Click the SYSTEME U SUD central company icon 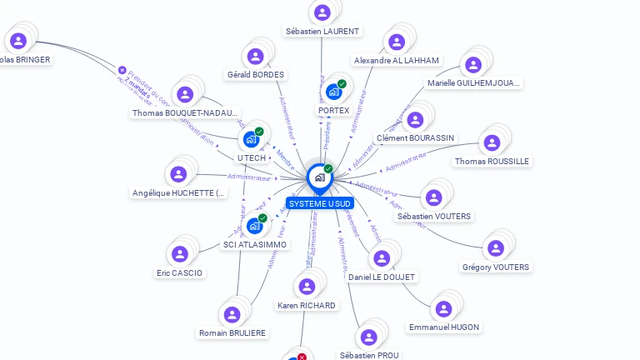(x=319, y=177)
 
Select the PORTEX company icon (x=333, y=91)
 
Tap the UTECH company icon (x=251, y=138)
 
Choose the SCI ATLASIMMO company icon (x=254, y=225)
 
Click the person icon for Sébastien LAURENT (x=322, y=12)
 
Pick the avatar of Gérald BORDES (x=255, y=56)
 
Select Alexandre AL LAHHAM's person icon (x=396, y=42)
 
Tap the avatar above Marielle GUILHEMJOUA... (x=473, y=64)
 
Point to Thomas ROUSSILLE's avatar (x=492, y=142)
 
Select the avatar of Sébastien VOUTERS (x=433, y=197)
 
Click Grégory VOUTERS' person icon (x=496, y=248)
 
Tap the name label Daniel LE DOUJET (x=382, y=277)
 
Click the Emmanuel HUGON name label (x=444, y=327)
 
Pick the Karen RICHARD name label (x=307, y=305)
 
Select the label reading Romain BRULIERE (x=232, y=332)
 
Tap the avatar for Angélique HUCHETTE (x=178, y=174)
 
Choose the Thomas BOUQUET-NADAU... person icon (x=184, y=94)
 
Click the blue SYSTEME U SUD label (x=320, y=203)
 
